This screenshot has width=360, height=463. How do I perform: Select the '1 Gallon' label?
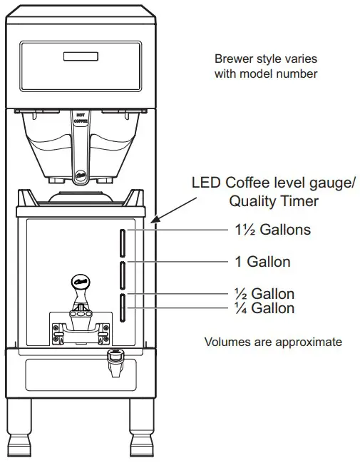point(262,262)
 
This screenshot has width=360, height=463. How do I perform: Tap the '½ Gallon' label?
point(264,293)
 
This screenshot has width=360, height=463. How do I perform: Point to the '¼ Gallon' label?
point(264,308)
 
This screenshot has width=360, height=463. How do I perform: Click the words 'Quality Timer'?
point(273,201)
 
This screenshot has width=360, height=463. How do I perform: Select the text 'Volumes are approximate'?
point(273,342)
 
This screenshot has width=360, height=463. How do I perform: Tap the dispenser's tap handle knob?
point(81,283)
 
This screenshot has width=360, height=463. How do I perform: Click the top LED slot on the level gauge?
point(122,243)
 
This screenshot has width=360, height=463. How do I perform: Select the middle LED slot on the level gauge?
point(122,273)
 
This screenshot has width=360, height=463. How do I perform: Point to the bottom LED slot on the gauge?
point(122,305)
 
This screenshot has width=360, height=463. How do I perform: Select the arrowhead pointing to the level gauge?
point(155,221)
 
